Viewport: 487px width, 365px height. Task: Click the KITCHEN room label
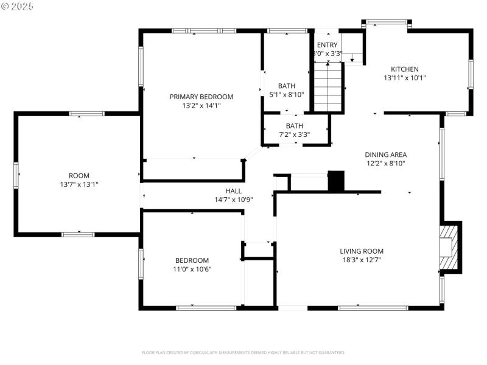point(404,69)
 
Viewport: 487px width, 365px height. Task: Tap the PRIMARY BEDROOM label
point(201,97)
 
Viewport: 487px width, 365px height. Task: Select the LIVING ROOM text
point(362,251)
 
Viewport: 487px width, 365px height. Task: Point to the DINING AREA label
point(385,155)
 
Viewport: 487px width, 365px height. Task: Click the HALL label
point(233,190)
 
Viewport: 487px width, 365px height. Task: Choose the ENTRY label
point(327,45)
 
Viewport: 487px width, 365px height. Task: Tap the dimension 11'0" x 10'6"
point(192,269)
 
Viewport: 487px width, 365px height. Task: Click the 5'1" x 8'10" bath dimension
point(286,94)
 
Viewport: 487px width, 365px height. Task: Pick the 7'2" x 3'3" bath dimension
point(295,134)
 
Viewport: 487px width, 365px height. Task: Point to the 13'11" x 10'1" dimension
point(404,78)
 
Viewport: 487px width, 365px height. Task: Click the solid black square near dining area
point(336,181)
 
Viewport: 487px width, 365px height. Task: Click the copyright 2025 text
point(18,6)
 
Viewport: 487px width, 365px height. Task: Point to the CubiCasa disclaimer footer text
point(243,352)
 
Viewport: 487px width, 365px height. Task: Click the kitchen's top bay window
point(388,23)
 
